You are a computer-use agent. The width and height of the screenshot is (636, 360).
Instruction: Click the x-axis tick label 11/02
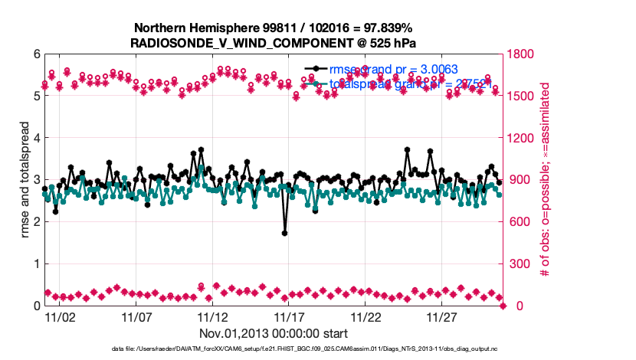(60, 316)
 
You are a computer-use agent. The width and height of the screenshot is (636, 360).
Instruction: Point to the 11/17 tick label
(290, 316)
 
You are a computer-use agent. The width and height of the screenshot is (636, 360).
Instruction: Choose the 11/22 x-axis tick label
(366, 316)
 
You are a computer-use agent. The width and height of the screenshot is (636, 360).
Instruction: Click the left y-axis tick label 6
(35, 54)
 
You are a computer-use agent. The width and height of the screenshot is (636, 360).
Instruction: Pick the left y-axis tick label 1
(35, 264)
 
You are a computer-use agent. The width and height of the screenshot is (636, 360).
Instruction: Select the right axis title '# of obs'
(546, 180)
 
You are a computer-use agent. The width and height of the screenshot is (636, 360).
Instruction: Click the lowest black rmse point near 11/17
(285, 233)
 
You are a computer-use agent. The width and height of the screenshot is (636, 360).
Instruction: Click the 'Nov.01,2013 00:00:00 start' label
(274, 333)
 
